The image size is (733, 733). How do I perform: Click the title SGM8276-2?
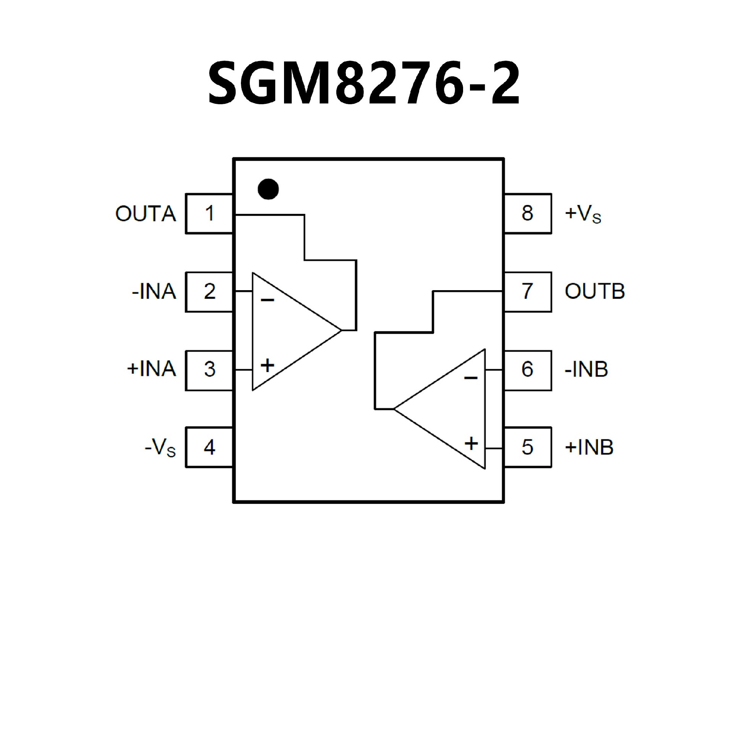[363, 83]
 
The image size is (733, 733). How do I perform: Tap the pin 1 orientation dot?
[268, 189]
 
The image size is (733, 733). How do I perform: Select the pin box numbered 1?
[209, 213]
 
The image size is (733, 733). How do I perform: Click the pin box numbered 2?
[209, 292]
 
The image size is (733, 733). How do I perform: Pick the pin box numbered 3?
[209, 370]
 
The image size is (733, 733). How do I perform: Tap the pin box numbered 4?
[209, 447]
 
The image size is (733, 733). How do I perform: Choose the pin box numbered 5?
[528, 447]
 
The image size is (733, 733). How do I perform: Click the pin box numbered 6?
[528, 370]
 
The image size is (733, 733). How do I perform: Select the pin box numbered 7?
[528, 292]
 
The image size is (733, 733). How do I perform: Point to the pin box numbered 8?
[528, 213]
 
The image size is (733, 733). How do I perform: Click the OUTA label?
[145, 214]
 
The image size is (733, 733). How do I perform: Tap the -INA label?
[154, 292]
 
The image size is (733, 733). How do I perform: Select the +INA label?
[151, 370]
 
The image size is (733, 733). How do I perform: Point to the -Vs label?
[160, 447]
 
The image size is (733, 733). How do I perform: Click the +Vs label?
[583, 214]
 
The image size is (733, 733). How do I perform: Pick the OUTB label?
[594, 292]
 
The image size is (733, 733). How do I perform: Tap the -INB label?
[586, 370]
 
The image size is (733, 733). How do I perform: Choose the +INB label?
[589, 447]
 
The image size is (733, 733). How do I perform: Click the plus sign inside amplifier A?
[267, 365]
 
